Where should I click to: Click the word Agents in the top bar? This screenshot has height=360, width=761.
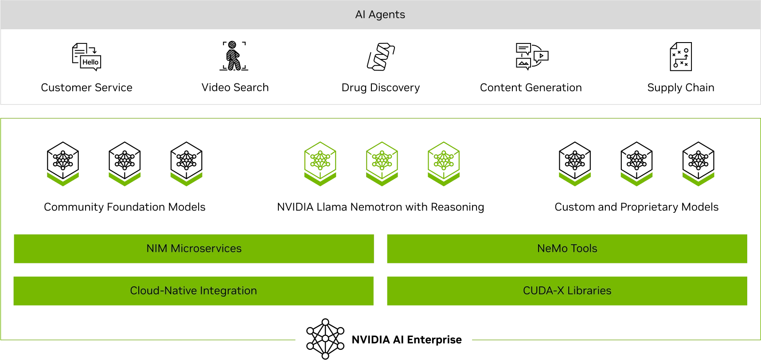coord(386,15)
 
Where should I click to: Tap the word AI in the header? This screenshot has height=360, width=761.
coord(360,15)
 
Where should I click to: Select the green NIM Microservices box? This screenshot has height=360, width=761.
coord(194,249)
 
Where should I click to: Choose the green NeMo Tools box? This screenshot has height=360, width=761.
coord(567,249)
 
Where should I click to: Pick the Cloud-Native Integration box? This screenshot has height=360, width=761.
coord(193,291)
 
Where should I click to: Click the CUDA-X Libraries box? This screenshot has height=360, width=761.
coord(567,291)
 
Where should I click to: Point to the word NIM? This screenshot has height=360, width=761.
coord(156,249)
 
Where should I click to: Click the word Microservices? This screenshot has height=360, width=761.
coord(206,249)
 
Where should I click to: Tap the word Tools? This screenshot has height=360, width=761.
coord(584,249)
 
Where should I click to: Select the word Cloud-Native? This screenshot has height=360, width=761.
coord(163,291)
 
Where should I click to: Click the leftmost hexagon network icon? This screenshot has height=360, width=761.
coord(320,163)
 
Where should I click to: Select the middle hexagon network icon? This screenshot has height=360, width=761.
coord(382,163)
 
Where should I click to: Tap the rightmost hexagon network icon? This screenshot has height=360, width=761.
coord(444,163)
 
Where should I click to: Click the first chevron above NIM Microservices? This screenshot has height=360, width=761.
coord(63,179)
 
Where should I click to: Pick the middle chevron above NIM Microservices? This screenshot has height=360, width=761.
coord(125,179)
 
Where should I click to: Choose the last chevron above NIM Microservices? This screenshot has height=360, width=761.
coord(186,179)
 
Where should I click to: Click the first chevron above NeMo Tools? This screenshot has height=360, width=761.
coord(575,179)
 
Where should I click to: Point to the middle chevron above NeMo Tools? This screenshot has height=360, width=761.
coord(636,179)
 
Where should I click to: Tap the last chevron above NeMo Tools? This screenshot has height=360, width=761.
coord(699,179)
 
